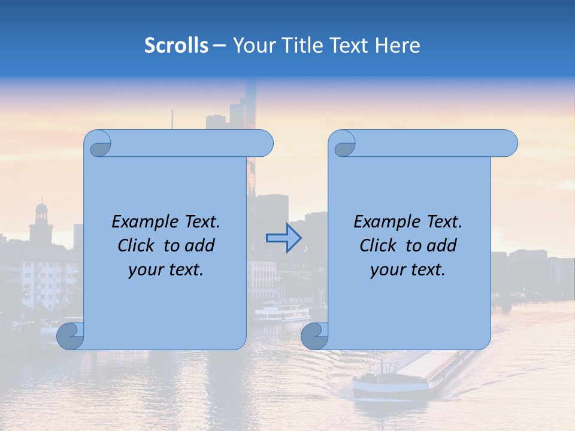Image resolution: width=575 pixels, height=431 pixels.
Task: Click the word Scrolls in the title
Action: (x=176, y=45)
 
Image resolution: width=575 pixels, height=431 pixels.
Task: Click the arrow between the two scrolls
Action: (x=283, y=238)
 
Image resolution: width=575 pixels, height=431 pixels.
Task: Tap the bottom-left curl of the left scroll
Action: (x=70, y=336)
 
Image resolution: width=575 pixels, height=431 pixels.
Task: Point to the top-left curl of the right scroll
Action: (x=344, y=145)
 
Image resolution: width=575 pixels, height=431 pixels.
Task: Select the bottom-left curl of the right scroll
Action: (x=314, y=336)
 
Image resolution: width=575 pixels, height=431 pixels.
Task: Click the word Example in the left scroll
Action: (x=142, y=222)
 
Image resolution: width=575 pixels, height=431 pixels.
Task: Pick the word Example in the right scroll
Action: (x=384, y=222)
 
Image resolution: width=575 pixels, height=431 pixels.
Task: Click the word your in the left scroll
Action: (x=144, y=270)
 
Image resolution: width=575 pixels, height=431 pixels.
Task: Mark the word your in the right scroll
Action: (x=386, y=270)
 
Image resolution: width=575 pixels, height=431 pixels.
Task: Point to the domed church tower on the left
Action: (x=41, y=218)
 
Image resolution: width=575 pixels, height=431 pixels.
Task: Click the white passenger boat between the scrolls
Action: (x=282, y=313)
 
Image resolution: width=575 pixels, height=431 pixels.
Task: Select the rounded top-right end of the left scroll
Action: (x=264, y=144)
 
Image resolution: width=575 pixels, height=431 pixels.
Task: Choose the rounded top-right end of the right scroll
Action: (x=508, y=144)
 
